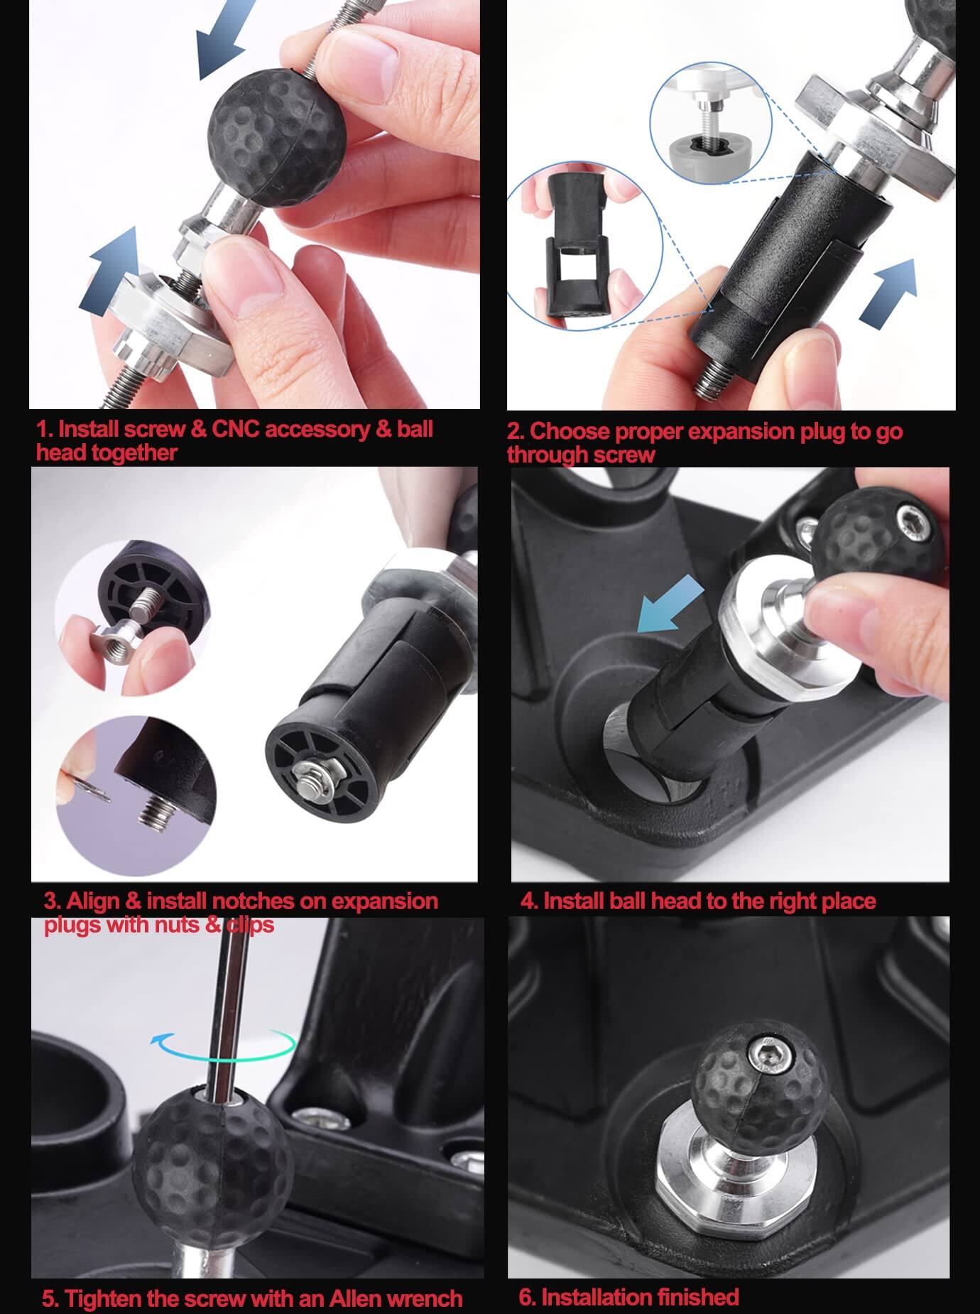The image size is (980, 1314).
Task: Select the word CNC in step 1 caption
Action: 238,429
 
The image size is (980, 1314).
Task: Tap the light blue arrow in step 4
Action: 670,603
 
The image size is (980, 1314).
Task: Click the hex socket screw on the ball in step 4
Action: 910,516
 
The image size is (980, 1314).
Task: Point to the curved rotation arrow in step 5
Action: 224,1043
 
